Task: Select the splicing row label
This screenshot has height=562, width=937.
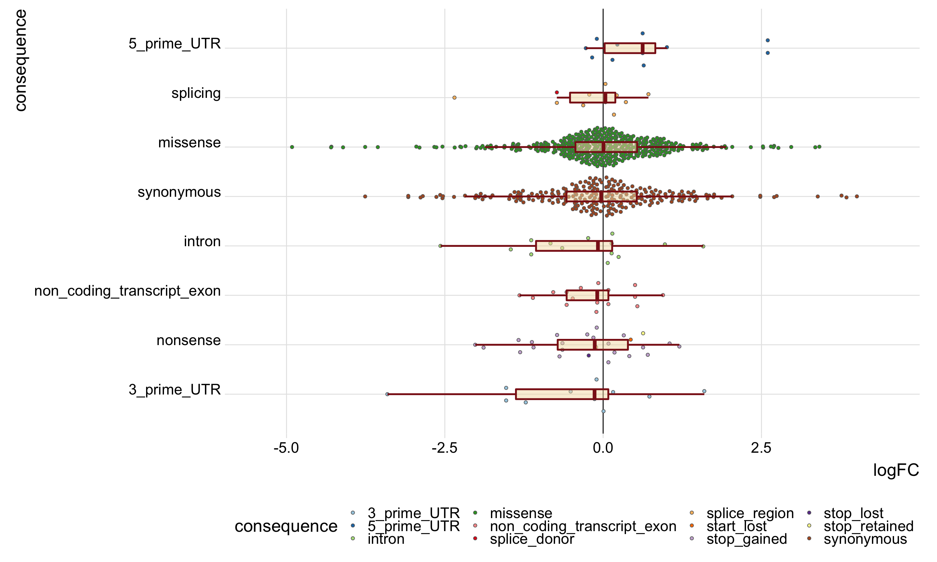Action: coord(196,93)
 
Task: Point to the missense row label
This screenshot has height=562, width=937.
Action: coord(189,143)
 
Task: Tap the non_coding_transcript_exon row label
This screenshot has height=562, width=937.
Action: coord(127,291)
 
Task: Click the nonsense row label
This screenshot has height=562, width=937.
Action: coord(188,341)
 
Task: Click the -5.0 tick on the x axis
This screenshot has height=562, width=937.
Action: coord(286,448)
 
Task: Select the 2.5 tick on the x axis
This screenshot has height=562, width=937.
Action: coord(761,448)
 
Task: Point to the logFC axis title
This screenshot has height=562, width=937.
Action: coord(896,470)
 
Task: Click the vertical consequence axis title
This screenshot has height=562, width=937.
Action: coord(20,60)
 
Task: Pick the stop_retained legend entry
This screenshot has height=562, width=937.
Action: coord(868,526)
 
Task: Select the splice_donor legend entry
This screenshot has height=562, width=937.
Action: coord(532,539)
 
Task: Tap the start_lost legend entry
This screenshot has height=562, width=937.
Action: coord(736,526)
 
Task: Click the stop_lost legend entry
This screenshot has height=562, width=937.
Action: coord(853,513)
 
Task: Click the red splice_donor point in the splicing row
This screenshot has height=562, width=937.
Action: coord(557,92)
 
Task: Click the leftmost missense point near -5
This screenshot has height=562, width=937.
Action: coord(292,147)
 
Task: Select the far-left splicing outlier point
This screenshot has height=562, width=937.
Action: coord(455,98)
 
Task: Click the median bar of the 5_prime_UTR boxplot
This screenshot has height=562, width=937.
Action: coord(643,48)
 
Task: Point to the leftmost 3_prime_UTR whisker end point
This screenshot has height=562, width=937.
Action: coord(387,394)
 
